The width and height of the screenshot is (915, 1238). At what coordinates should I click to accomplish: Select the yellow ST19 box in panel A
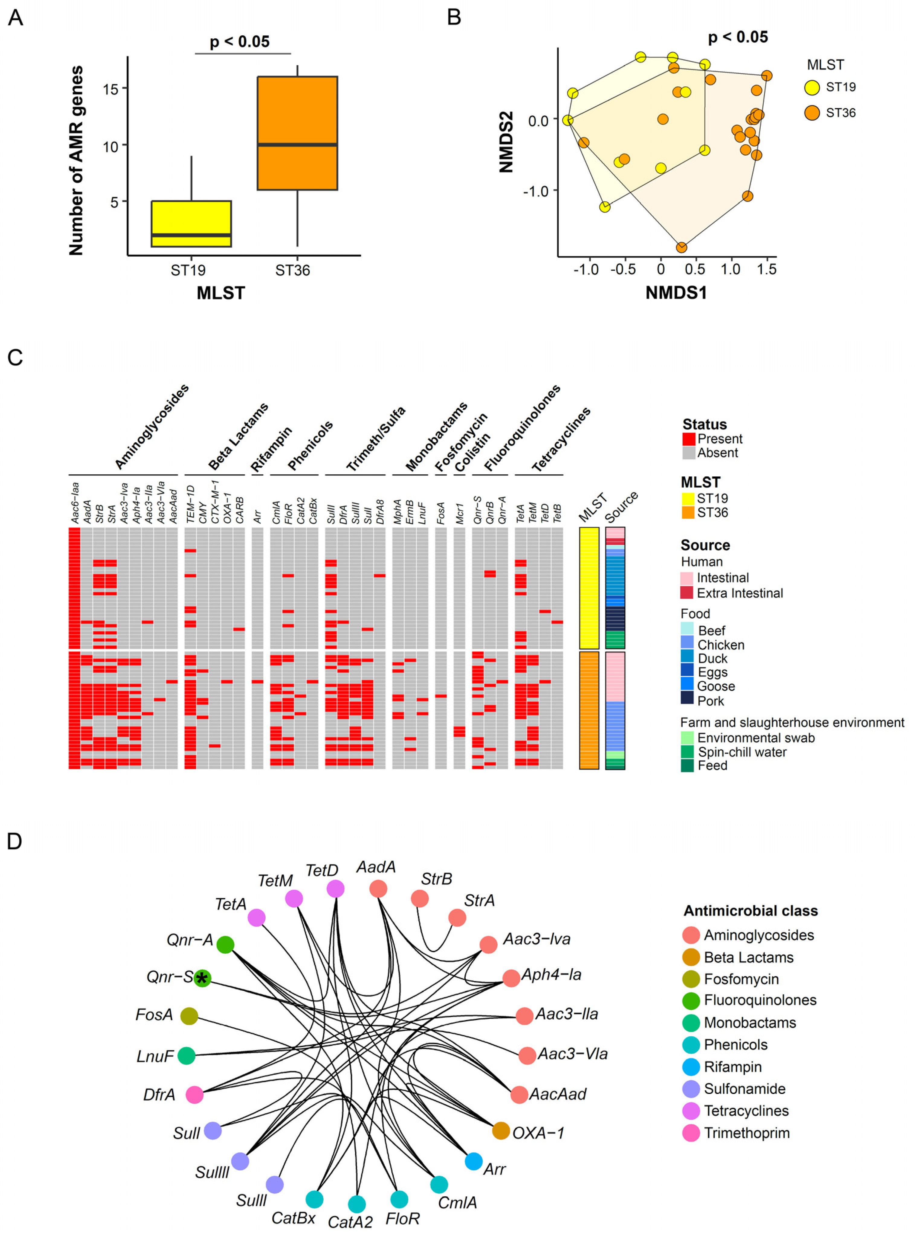pos(191,223)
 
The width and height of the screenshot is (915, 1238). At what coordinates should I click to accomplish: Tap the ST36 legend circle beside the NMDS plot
pos(812,113)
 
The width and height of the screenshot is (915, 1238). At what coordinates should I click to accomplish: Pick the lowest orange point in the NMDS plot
pos(681,247)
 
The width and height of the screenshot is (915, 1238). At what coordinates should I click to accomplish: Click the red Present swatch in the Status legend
pos(688,439)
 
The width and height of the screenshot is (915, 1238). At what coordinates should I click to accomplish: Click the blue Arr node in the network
pos(474,1161)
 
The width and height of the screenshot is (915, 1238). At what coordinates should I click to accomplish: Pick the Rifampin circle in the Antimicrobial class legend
pos(691,1066)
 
